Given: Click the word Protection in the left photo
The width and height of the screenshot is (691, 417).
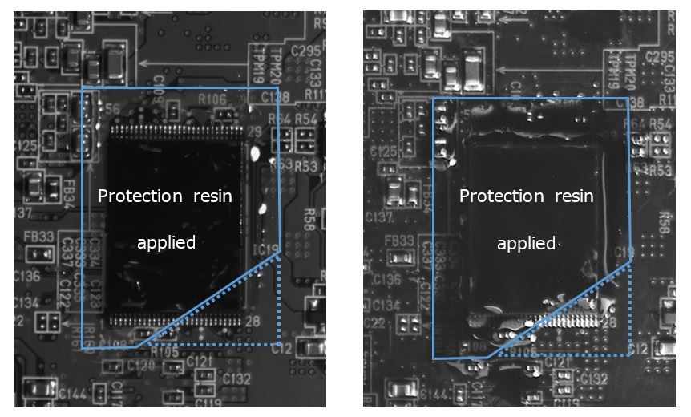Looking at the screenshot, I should point(140,196).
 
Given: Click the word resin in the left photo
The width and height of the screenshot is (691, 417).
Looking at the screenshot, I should point(212,196).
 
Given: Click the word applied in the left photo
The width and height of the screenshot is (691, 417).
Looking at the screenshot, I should point(166,242).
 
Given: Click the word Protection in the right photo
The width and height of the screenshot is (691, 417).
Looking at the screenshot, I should point(502,196).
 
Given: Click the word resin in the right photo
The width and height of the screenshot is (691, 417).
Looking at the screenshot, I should point(574,196).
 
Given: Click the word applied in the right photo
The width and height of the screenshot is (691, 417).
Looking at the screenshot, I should point(527,242).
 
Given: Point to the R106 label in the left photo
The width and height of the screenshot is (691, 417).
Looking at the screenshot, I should point(212,99).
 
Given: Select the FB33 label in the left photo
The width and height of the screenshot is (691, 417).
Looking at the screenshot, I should point(38,237).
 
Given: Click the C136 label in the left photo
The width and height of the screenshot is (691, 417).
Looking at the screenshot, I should point(26,277).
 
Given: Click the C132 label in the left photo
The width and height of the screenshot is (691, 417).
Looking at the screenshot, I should point(237,378).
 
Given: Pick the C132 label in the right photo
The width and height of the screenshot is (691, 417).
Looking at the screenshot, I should point(594,378).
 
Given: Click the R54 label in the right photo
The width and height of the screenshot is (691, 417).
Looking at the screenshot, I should point(661,123).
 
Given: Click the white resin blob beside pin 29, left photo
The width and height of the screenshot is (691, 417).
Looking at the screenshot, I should point(255,152).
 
